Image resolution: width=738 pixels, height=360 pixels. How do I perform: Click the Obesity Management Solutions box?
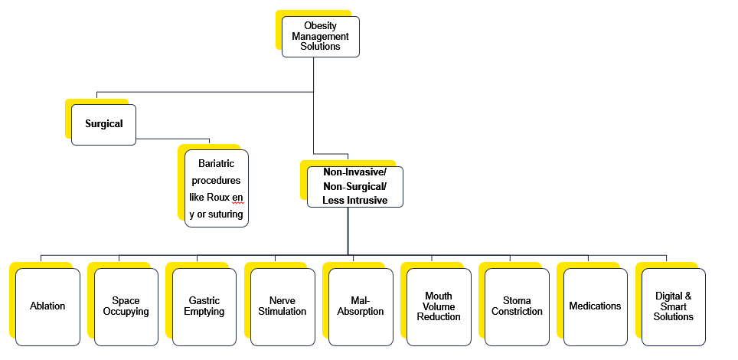320,36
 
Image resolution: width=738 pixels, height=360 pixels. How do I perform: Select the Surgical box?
103,124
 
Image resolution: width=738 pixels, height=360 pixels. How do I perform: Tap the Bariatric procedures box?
217,188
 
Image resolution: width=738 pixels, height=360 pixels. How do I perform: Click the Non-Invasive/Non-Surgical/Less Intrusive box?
354,187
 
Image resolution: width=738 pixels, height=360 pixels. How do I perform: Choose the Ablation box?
47,306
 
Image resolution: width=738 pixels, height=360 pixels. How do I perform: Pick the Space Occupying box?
126,306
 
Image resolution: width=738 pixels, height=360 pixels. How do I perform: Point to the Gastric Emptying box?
204,306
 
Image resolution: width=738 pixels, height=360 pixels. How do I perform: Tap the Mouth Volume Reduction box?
439,306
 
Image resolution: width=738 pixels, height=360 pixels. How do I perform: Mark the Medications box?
595,306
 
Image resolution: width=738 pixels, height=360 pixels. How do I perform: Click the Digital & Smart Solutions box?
674,306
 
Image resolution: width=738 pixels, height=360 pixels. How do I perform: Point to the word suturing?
225,214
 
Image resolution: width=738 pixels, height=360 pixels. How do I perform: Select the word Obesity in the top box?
320,26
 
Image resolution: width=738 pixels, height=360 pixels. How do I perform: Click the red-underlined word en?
237,197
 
